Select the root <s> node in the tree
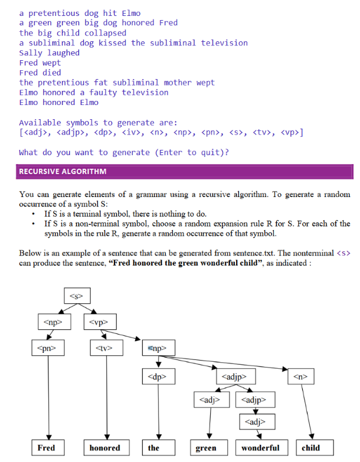click(x=76, y=294)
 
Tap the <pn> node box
click(x=48, y=349)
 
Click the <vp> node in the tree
click(x=103, y=322)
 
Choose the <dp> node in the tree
click(x=158, y=375)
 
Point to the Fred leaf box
click(x=47, y=448)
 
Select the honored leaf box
click(x=105, y=448)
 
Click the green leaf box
click(x=206, y=448)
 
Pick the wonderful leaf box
click(x=261, y=448)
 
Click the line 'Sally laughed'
click(x=50, y=53)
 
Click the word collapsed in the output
click(x=105, y=32)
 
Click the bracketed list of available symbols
click(x=161, y=133)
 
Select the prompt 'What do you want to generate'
click(x=124, y=152)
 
